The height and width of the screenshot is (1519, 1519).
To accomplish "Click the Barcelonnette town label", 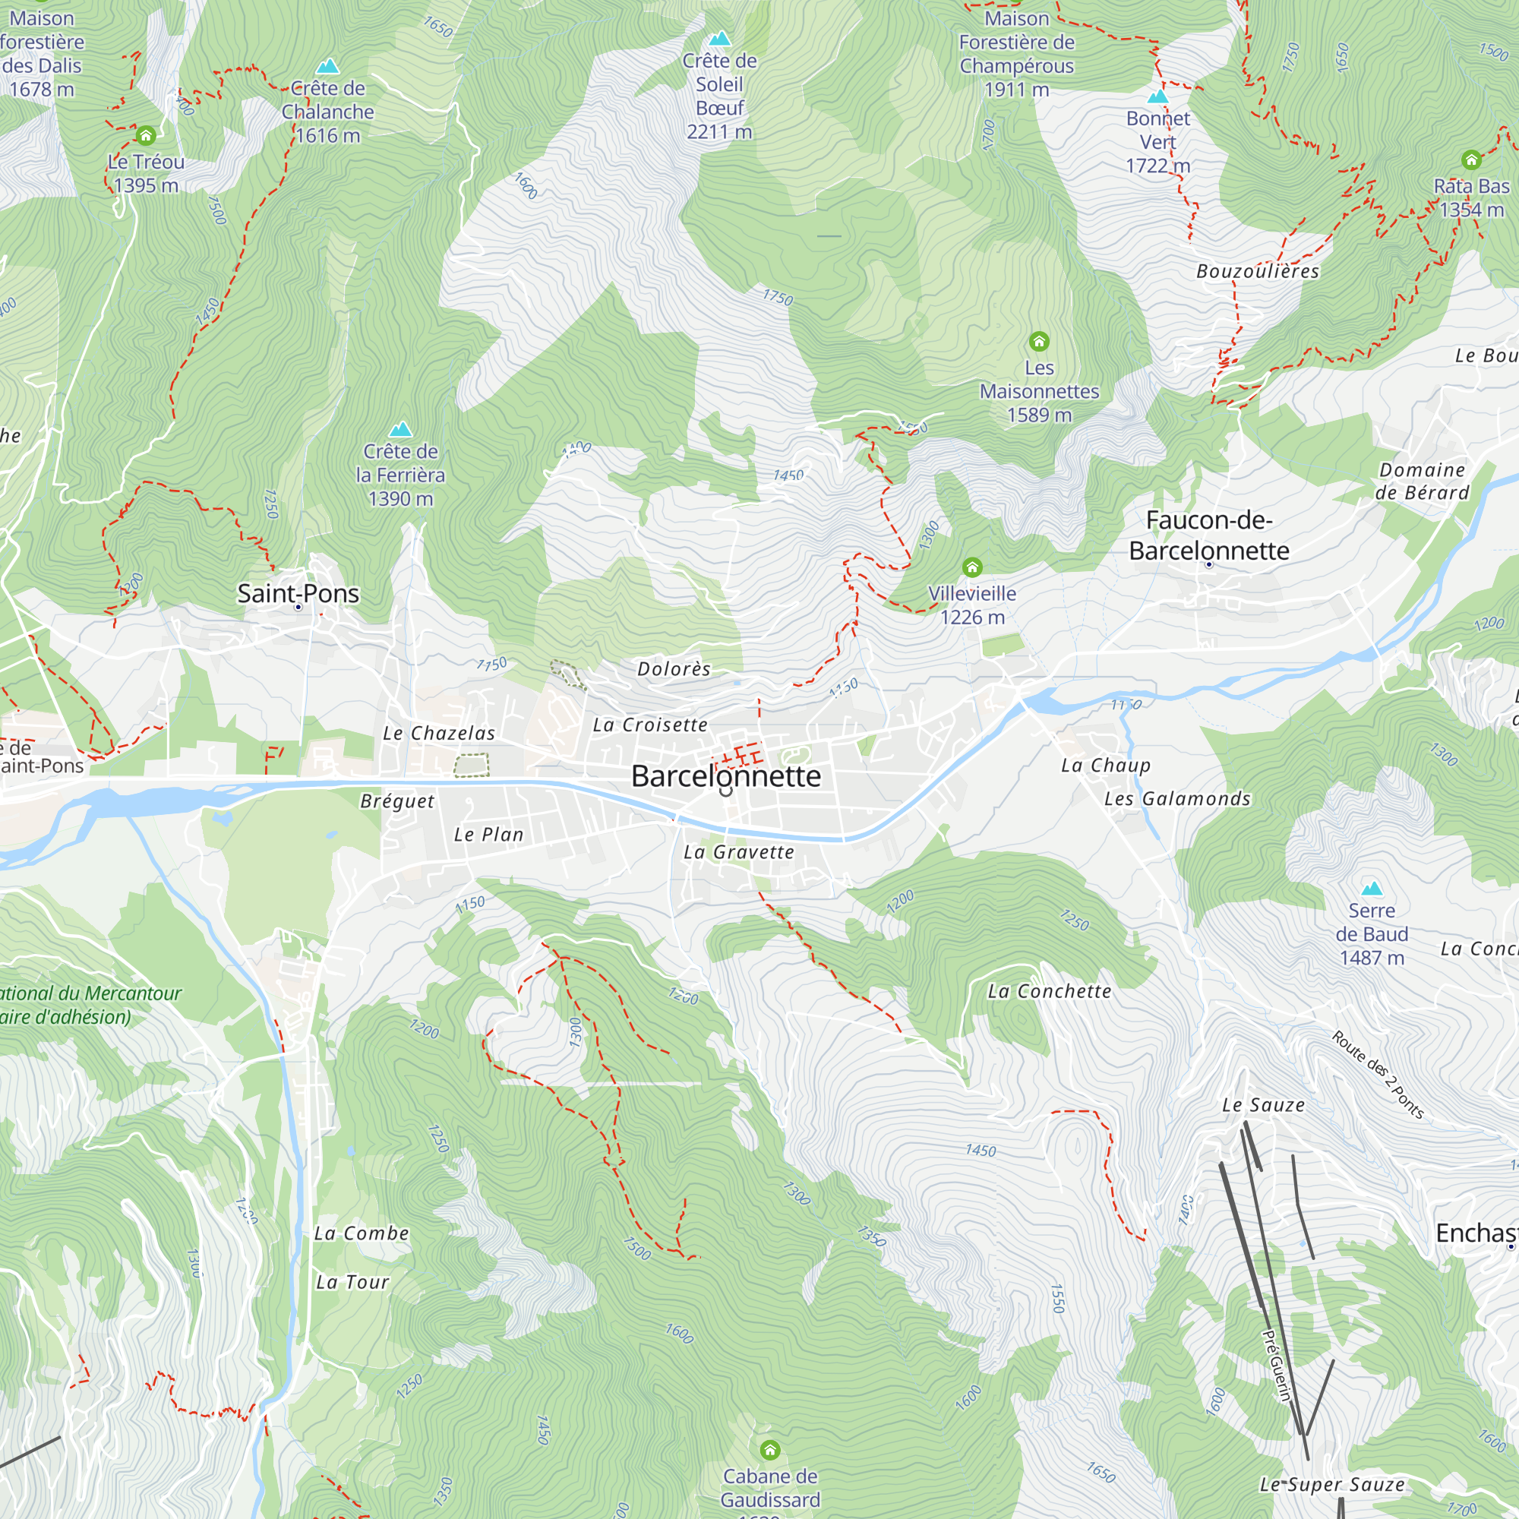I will tap(725, 776).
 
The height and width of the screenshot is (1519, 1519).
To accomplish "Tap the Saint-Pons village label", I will tap(298, 594).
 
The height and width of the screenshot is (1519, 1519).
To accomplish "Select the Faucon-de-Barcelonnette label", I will tap(1208, 535).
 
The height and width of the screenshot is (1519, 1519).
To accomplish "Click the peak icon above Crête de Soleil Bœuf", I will tap(719, 39).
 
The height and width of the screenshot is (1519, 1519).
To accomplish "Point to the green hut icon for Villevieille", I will tap(972, 567).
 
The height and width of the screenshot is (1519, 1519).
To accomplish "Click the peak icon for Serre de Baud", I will tap(1371, 889).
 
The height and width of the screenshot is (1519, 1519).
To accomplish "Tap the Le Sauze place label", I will tap(1263, 1105).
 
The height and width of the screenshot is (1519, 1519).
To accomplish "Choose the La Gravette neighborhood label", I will tap(738, 852).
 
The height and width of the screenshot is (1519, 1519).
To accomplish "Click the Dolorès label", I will tap(674, 669).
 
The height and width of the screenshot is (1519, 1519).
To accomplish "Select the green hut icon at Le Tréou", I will tap(146, 136).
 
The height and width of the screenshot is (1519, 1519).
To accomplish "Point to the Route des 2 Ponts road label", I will tap(1378, 1074).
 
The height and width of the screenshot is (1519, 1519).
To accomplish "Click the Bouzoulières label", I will tap(1257, 271).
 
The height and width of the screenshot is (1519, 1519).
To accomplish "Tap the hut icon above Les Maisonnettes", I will tap(1038, 341).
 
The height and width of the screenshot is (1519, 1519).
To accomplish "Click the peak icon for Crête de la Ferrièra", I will tap(400, 429).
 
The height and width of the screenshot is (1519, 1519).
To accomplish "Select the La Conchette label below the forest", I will tap(1049, 991).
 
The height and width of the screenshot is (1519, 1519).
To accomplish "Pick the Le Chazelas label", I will tap(439, 734).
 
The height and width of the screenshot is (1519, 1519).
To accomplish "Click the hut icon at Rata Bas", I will tap(1471, 160).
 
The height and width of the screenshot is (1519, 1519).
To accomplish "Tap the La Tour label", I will tap(352, 1282).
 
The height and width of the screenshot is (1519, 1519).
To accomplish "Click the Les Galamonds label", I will tap(1177, 799).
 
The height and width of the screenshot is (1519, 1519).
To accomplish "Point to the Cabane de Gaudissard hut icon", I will tap(769, 1449).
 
